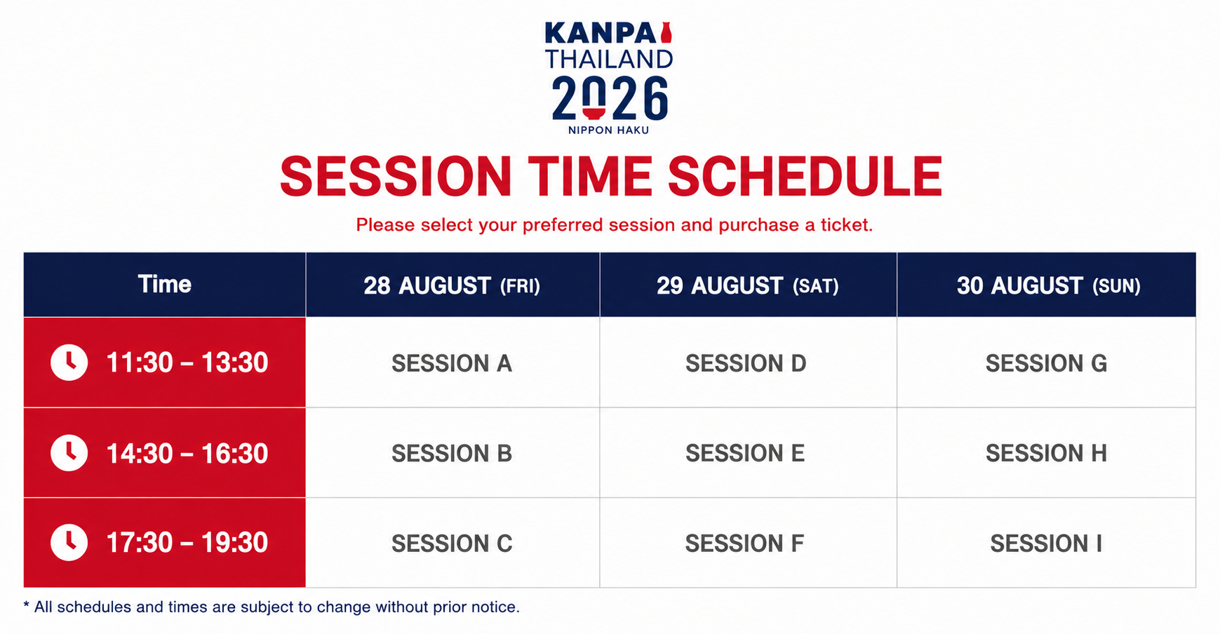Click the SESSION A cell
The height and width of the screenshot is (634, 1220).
tap(453, 363)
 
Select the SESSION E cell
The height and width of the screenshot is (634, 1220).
tap(748, 453)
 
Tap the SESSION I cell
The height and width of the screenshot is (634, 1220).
tap(1046, 543)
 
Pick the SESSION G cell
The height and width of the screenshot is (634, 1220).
tap(1046, 363)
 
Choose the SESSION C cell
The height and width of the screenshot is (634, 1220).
tap(453, 543)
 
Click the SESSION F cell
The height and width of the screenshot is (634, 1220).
tap(748, 543)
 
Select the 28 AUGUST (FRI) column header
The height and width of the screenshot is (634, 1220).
tap(453, 285)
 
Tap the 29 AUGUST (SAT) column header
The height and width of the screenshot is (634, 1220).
tap(748, 285)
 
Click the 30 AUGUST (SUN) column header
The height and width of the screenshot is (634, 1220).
tap(1046, 285)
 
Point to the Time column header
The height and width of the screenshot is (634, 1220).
tap(165, 284)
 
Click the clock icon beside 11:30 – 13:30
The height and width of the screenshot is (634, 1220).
tap(69, 363)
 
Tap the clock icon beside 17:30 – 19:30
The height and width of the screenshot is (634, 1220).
tap(69, 542)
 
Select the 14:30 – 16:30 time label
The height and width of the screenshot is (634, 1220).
tap(187, 453)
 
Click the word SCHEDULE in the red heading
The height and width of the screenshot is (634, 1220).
tap(805, 176)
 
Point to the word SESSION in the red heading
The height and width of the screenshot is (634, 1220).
tap(396, 176)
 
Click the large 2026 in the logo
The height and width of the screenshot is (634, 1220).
tap(610, 98)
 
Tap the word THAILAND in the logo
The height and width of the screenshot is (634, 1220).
tap(609, 59)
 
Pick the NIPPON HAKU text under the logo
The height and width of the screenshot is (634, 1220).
tap(608, 130)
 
